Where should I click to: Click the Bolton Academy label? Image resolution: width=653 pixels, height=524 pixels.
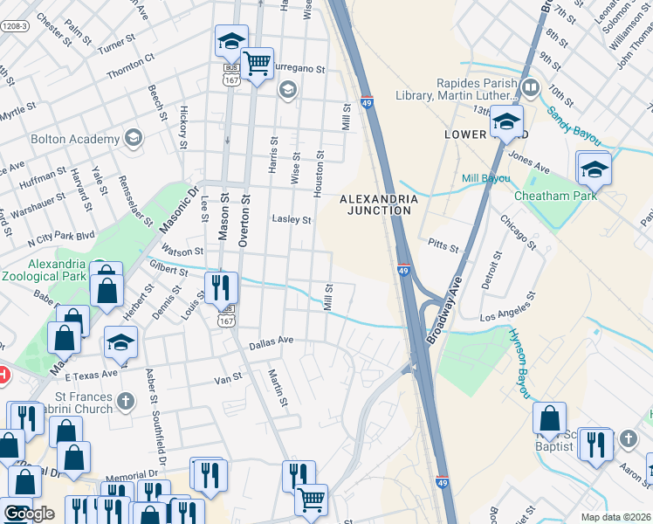pos(75,139)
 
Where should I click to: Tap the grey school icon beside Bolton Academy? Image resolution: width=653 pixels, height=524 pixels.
pos(133,138)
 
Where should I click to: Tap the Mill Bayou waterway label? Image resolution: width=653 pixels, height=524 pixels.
pos(485,178)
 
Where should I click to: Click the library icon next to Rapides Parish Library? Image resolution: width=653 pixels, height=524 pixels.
pos(531,88)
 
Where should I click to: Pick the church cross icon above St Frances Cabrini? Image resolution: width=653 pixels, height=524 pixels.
pos(126,402)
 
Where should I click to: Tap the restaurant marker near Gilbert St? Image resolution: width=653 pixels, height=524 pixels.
pos(221,286)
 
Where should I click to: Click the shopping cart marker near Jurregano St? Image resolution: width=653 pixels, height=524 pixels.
pos(257,64)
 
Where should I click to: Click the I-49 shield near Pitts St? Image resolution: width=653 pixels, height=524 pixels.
pos(403,271)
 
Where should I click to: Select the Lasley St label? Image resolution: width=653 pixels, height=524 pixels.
pos(292,220)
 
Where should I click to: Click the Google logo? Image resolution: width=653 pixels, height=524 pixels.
pos(29,514)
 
